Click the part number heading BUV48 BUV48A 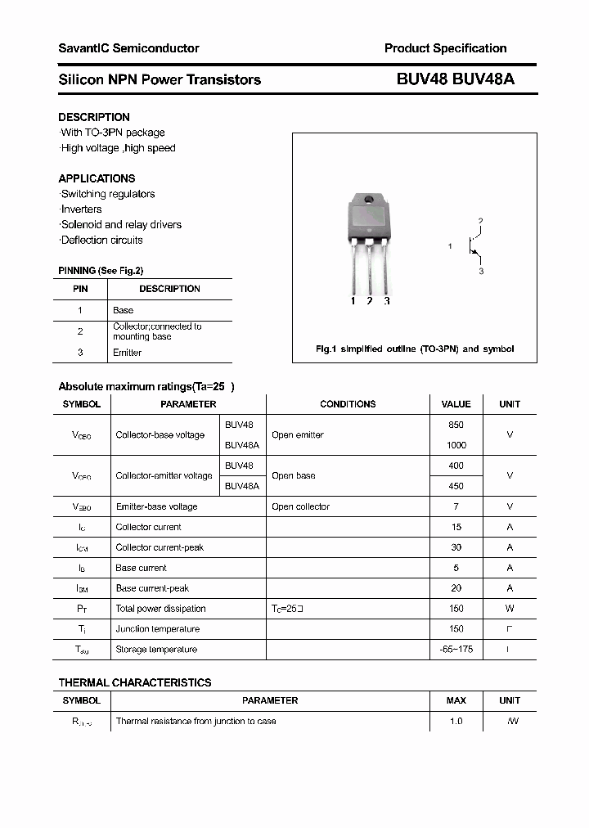455,79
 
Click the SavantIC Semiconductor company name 128,48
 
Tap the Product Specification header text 445,48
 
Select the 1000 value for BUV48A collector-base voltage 456,445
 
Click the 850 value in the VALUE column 456,425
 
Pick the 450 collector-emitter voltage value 456,486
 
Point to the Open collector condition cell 300,506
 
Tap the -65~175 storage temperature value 456,650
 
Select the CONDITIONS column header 348,404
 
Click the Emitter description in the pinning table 127,353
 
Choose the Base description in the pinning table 123,310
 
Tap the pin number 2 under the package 370,301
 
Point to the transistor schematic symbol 473,245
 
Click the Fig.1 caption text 415,349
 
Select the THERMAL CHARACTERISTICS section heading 135,682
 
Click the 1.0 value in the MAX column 456,721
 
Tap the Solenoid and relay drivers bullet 121,224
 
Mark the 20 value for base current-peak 456,588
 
